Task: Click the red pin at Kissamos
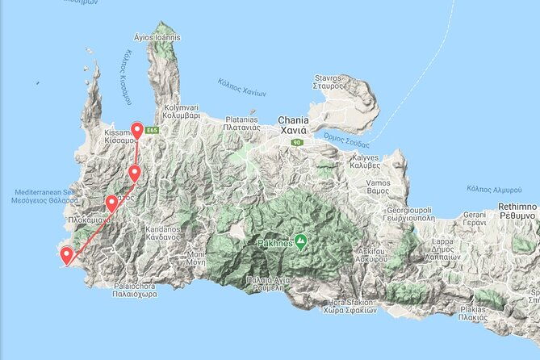point(137,131)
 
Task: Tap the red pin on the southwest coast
point(65,256)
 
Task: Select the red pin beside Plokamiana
point(111,203)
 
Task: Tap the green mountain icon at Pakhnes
point(300,241)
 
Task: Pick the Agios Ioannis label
point(159,37)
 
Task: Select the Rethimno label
point(517,212)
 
